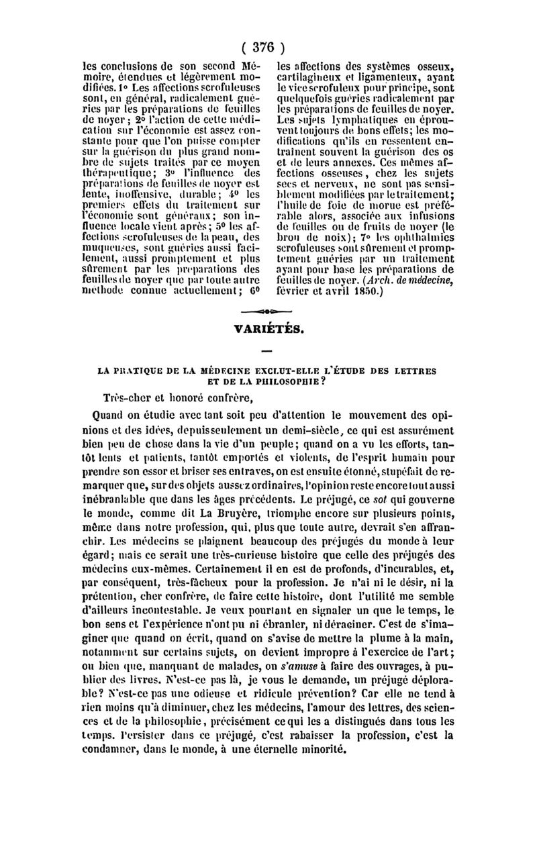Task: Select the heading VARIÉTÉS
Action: point(268,330)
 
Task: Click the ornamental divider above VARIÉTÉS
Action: point(268,312)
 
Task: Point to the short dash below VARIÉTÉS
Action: point(268,350)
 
